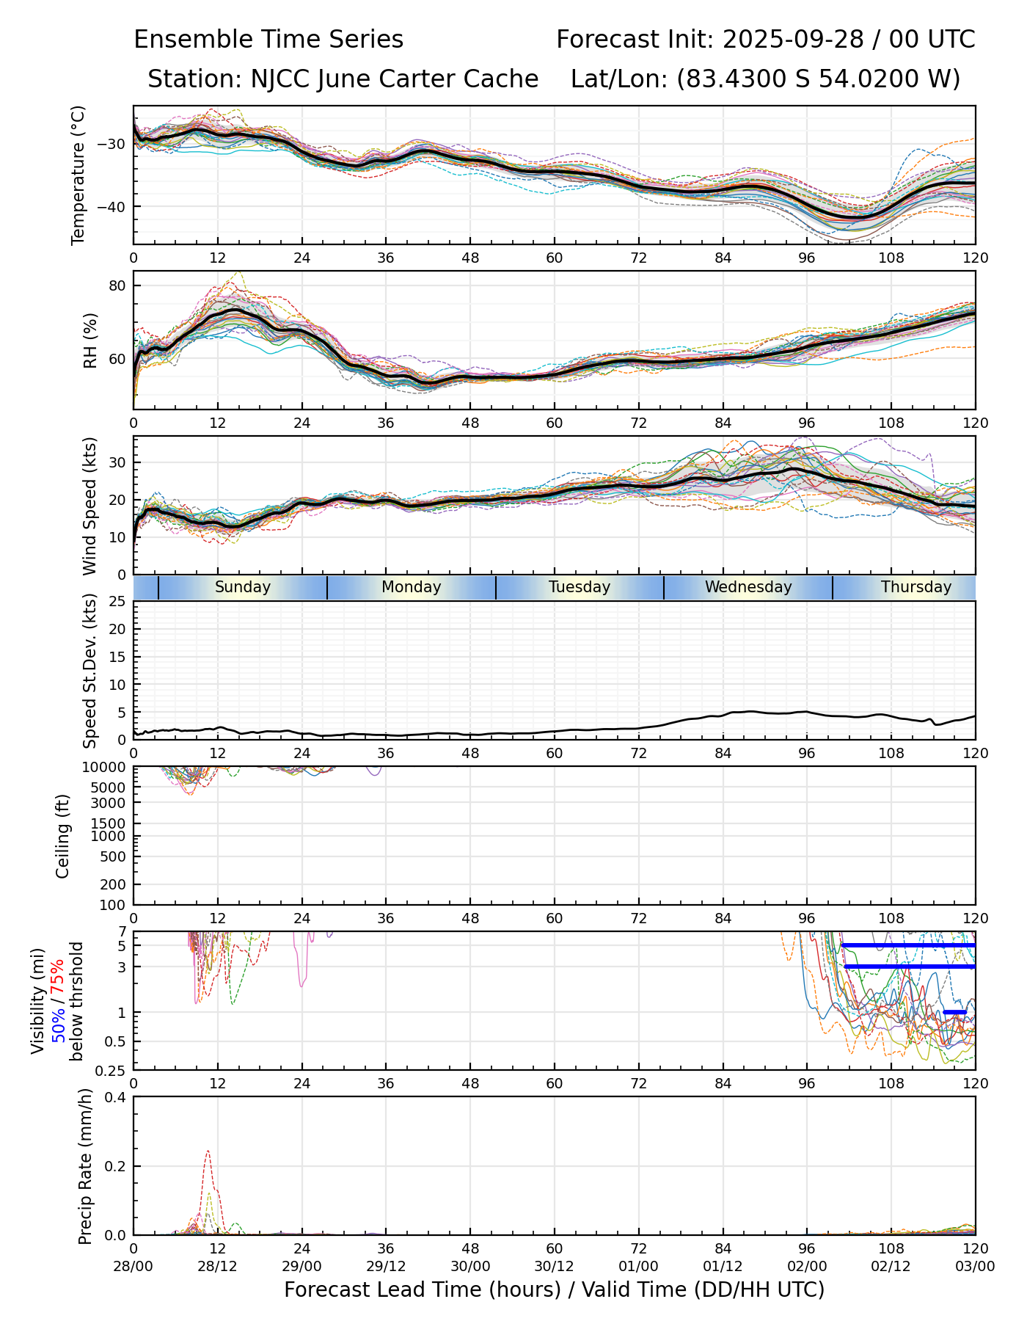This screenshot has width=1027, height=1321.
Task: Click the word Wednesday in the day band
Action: click(x=748, y=587)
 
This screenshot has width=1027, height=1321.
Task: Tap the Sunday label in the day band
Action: click(x=243, y=587)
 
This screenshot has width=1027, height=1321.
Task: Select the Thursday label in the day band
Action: click(x=915, y=587)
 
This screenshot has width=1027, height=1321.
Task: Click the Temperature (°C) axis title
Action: click(x=78, y=175)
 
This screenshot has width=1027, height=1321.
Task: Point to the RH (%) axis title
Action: click(x=90, y=340)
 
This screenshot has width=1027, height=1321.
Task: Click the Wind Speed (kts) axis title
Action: click(x=89, y=506)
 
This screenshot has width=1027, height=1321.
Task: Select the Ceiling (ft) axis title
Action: click(x=63, y=836)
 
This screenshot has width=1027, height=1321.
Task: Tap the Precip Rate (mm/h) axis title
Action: click(x=85, y=1166)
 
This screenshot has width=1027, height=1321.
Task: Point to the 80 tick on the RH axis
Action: click(x=118, y=285)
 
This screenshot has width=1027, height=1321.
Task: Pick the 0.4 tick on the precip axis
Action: click(x=116, y=1097)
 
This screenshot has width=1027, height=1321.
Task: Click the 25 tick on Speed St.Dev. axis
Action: click(x=117, y=602)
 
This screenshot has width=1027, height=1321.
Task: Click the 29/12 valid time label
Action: click(x=386, y=1267)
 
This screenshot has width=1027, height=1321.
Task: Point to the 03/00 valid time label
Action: click(x=975, y=1267)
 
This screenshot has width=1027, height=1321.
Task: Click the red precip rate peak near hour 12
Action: click(x=208, y=1151)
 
